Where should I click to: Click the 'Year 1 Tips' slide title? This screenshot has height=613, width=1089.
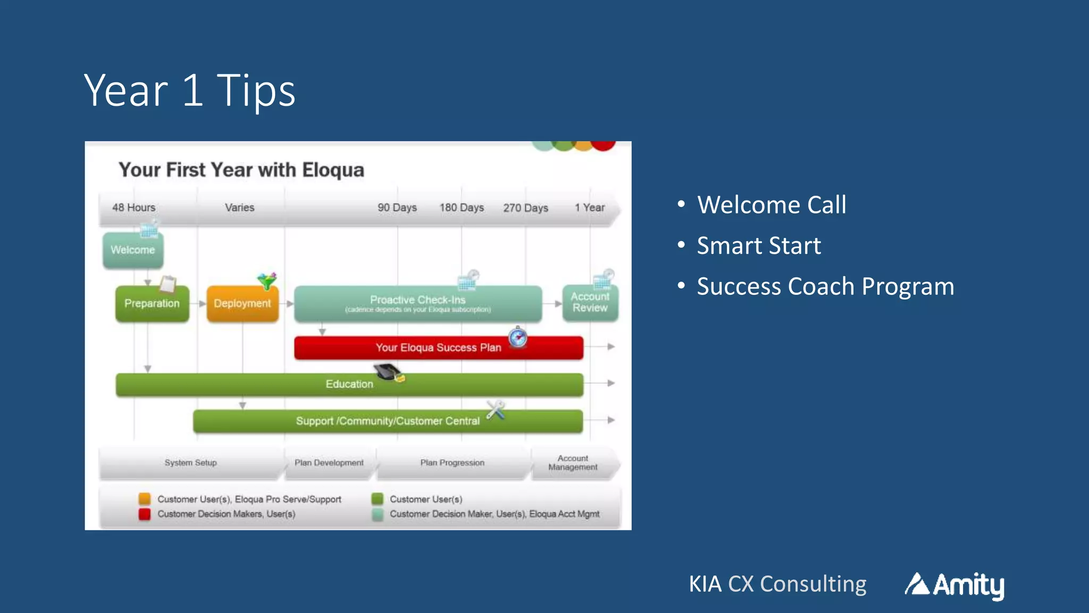(189, 90)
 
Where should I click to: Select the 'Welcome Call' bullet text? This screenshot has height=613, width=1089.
(771, 205)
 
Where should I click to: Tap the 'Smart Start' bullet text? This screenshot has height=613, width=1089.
(758, 246)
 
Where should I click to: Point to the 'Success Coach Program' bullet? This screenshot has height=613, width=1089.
(825, 286)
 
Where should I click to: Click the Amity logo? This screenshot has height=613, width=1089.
(954, 585)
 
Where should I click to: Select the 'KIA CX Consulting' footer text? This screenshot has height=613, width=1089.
(777, 584)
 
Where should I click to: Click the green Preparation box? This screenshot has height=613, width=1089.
(152, 304)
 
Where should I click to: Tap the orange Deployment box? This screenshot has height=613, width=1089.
(242, 304)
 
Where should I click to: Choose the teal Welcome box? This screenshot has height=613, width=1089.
(132, 250)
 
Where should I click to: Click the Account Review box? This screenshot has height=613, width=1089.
(590, 303)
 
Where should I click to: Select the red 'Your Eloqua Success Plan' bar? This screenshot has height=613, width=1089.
(438, 348)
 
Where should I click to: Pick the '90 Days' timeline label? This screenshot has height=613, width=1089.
(397, 208)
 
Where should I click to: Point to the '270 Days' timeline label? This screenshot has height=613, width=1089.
(525, 208)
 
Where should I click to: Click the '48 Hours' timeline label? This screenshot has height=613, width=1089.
(133, 208)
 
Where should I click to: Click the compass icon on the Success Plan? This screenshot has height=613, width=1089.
(517, 337)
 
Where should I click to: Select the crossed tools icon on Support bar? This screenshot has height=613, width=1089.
(496, 410)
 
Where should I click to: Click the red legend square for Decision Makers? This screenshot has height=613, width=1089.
(144, 514)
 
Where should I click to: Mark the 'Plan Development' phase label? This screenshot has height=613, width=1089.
(329, 463)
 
